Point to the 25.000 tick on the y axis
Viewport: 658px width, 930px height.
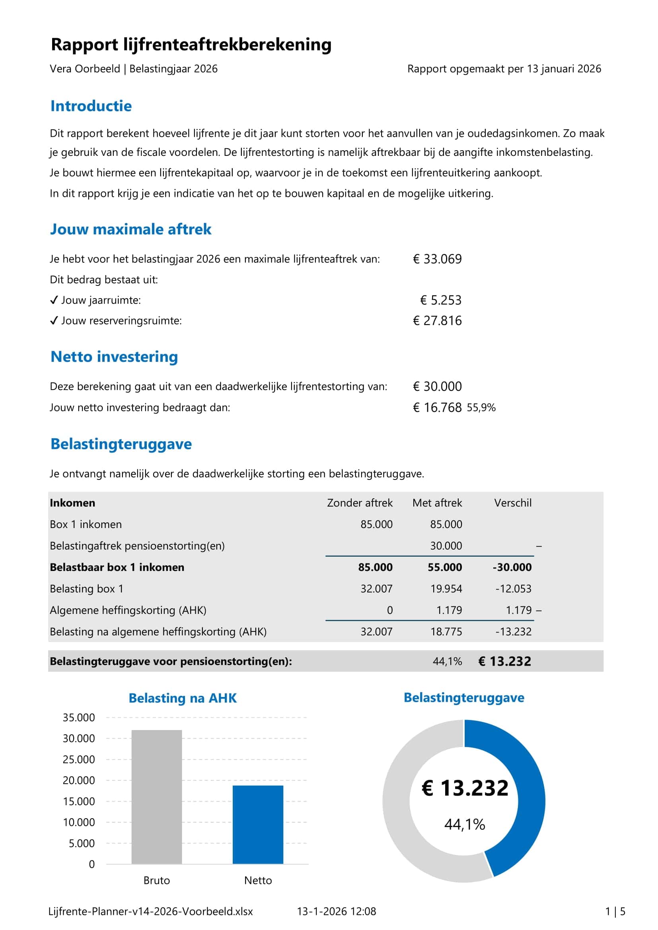coord(79,759)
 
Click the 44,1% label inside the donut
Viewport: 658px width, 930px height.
coord(464,824)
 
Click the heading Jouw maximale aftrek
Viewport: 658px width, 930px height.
coord(130,229)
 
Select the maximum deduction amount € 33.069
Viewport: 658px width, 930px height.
coord(437,259)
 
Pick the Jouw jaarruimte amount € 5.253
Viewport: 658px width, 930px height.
coord(441,300)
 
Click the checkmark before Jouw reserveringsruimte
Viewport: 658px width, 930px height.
coord(54,321)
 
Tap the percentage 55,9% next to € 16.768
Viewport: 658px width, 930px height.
coord(481,408)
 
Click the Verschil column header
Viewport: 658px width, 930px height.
coord(512,503)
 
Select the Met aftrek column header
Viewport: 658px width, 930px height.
coord(437,503)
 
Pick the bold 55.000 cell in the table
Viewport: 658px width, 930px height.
coord(444,567)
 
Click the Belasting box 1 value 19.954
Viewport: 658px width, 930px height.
coord(446,589)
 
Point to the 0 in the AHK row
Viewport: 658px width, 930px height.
coord(390,610)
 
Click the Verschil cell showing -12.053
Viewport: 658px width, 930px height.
coord(513,589)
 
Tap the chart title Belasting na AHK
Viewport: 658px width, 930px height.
coord(183,698)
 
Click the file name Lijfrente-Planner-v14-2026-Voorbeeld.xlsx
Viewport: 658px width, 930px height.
coord(150,912)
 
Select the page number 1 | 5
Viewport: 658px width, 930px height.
coord(615,912)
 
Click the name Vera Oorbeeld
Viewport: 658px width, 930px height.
coord(85,69)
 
